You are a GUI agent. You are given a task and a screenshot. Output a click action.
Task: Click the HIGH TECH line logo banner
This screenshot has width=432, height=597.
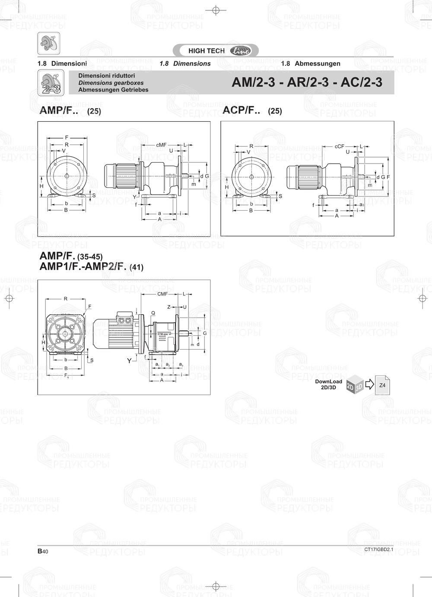pos(216,51)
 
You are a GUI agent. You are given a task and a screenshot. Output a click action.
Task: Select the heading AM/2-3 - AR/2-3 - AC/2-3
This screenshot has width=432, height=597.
pos(307,82)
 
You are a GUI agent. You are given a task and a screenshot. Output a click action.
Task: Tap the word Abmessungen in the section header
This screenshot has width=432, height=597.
pos(317,63)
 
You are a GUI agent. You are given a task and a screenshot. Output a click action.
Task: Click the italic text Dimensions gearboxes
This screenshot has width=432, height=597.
pos(111,83)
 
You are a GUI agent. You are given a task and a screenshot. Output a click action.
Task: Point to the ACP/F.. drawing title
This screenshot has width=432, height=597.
pos(241,111)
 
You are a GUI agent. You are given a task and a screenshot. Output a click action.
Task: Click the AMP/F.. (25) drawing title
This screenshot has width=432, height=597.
pos(70,111)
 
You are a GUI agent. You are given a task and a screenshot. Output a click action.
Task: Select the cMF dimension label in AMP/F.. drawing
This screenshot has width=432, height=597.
pos(161,145)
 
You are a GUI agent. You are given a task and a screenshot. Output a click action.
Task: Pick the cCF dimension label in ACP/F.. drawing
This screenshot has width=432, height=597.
pos(339,146)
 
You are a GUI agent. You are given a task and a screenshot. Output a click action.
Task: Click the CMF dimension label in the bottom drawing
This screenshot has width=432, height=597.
pos(162,294)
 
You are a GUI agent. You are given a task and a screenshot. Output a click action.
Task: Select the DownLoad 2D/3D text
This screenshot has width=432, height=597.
pos(328,384)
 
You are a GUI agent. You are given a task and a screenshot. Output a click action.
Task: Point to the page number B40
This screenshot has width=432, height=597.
pos(43,551)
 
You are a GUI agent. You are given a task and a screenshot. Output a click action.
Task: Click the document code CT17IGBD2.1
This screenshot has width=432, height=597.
pos(378,550)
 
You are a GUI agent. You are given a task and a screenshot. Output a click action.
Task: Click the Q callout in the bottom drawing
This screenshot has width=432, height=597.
pos(153,313)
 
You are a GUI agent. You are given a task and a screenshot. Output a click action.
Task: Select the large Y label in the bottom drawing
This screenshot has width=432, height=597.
pos(129,360)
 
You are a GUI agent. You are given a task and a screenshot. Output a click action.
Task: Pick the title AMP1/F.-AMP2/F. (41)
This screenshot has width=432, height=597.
pos(91,267)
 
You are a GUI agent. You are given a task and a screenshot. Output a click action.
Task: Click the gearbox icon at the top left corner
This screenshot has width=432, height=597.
pos(48,43)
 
